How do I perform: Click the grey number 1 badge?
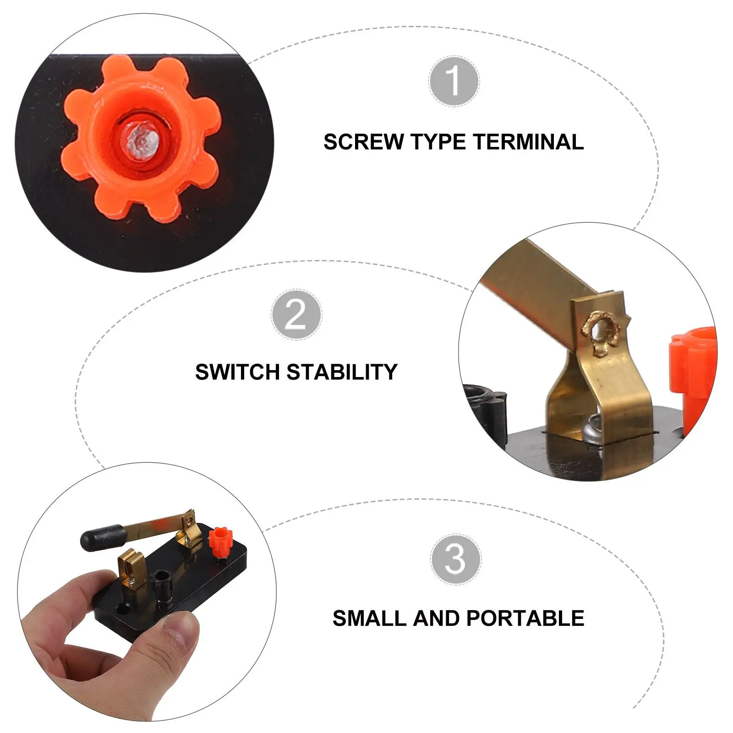454,81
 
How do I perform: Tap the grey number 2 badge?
296,314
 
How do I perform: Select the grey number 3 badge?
455,559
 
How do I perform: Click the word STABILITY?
342,372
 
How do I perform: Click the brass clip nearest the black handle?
131,568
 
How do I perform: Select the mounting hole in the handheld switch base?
123,608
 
